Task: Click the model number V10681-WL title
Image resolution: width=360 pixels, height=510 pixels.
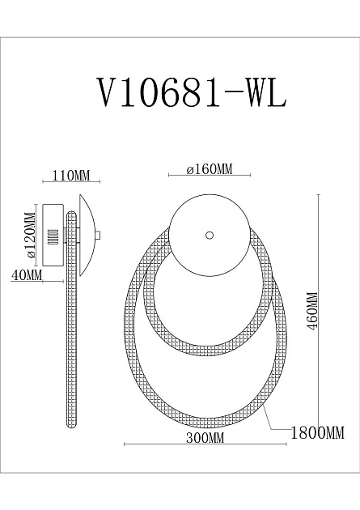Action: [191, 93]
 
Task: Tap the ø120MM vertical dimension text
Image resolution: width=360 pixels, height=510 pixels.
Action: [30, 235]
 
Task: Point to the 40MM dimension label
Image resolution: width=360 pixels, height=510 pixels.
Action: [27, 276]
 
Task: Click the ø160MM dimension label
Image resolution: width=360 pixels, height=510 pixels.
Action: [209, 169]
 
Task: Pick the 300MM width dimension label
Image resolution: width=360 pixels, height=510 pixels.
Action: [205, 438]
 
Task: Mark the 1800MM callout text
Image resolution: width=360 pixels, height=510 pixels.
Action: [318, 432]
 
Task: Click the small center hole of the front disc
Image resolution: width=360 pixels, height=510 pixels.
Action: [210, 235]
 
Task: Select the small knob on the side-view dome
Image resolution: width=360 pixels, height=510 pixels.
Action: [98, 236]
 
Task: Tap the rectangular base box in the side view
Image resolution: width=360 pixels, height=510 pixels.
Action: [55, 236]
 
